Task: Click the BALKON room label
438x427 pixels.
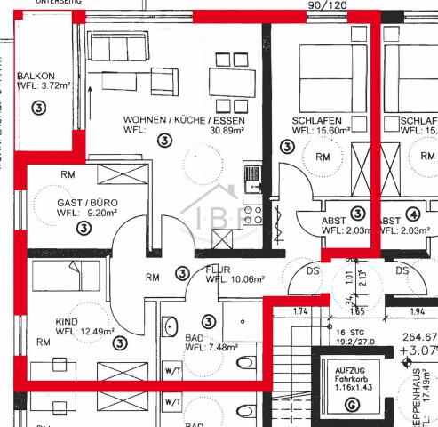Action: pos(36,76)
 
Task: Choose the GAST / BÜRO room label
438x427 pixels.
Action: pos(87,203)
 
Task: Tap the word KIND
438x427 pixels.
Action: pos(68,322)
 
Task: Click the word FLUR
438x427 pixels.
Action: pos(219,268)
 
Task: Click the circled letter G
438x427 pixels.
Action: pos(354,404)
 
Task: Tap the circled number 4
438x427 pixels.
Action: pos(412,213)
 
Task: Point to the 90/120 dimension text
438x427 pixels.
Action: pos(327,5)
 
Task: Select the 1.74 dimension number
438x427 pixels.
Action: pos(299,311)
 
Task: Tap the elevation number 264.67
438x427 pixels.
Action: pos(419,337)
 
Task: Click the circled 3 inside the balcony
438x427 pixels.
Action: pos(38,109)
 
